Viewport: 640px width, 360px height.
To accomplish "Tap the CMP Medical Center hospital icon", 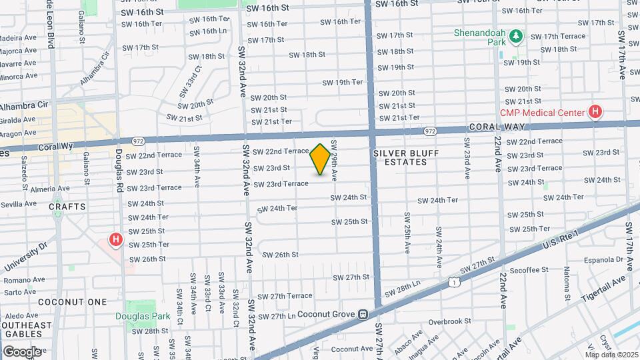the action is pyautogui.click(x=595, y=112).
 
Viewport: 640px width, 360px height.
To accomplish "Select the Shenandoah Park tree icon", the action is pyautogui.click(x=515, y=37).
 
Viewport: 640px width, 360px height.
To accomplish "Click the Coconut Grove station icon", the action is pyautogui.click(x=363, y=314).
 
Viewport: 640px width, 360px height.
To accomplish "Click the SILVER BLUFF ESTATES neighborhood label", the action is pyautogui.click(x=400, y=157).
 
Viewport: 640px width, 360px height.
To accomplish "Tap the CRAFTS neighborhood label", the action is pyautogui.click(x=67, y=207).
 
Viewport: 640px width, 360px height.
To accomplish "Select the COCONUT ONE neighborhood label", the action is pyautogui.click(x=73, y=302).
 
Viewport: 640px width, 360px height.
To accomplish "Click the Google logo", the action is pyautogui.click(x=22, y=351).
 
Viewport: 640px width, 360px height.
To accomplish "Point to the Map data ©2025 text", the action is pyautogui.click(x=611, y=353).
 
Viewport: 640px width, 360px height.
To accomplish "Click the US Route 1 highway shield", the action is pyautogui.click(x=454, y=283).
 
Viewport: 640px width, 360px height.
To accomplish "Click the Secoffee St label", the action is pyautogui.click(x=526, y=269).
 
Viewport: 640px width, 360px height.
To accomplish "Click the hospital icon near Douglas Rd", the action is pyautogui.click(x=116, y=239).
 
